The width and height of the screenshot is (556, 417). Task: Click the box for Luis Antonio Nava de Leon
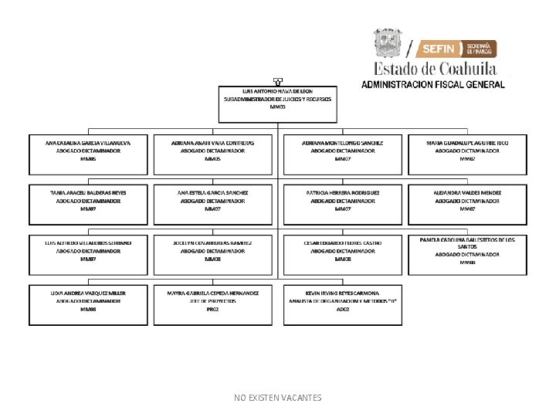(278, 103)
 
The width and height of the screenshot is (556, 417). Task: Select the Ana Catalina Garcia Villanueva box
(88, 154)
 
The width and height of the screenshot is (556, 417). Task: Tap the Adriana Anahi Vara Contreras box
(212, 154)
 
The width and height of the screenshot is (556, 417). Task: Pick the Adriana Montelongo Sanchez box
(343, 154)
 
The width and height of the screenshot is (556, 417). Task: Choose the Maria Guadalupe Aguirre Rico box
(467, 154)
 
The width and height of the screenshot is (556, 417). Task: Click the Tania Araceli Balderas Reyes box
(88, 205)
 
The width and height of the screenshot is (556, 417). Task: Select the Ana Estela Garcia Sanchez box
(212, 205)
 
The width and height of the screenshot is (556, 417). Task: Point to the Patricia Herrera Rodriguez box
(343, 205)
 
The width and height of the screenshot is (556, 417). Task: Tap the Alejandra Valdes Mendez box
(467, 205)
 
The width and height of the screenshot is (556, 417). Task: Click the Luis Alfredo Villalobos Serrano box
(88, 255)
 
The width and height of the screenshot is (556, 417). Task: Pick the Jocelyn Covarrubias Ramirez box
(212, 255)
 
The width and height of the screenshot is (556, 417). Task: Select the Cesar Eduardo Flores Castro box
(343, 255)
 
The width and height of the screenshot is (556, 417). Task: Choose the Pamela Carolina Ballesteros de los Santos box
(467, 254)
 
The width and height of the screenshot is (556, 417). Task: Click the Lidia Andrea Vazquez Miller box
(88, 304)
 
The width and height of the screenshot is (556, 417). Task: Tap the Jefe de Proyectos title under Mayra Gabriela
(212, 301)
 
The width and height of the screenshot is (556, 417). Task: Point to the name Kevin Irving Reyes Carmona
(343, 293)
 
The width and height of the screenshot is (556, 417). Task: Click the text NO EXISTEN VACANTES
(278, 398)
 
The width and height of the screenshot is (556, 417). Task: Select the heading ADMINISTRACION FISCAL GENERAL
(433, 84)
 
